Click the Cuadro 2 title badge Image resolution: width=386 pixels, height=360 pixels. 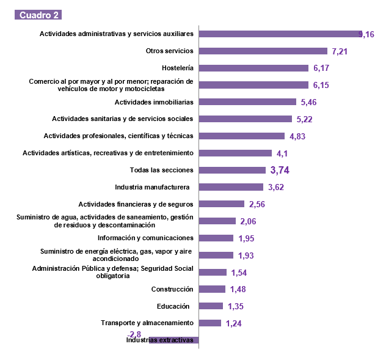[x=38, y=15]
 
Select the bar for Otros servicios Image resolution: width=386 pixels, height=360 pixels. [x=263, y=51]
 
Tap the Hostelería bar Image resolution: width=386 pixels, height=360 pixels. [x=253, y=68]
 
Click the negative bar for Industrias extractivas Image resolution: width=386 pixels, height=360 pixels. [x=174, y=340]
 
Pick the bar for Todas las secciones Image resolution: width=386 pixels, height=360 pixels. [x=232, y=170]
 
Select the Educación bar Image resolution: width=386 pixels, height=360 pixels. [x=211, y=306]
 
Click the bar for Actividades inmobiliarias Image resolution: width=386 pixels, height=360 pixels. [x=247, y=102]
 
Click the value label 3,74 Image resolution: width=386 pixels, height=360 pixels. [x=280, y=171]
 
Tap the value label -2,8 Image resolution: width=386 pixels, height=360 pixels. [x=135, y=334]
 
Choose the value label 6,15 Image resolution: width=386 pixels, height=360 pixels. [x=321, y=86]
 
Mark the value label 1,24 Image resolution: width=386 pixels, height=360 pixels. [x=234, y=324]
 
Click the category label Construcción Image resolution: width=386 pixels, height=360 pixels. [x=172, y=289]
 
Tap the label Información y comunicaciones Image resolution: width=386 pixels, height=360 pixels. [x=146, y=238]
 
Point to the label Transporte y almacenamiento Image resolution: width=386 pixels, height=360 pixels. [x=147, y=323]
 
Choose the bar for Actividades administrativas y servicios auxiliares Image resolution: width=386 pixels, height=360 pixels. [x=281, y=34]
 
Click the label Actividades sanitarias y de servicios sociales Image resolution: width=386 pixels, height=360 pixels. [x=123, y=119]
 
